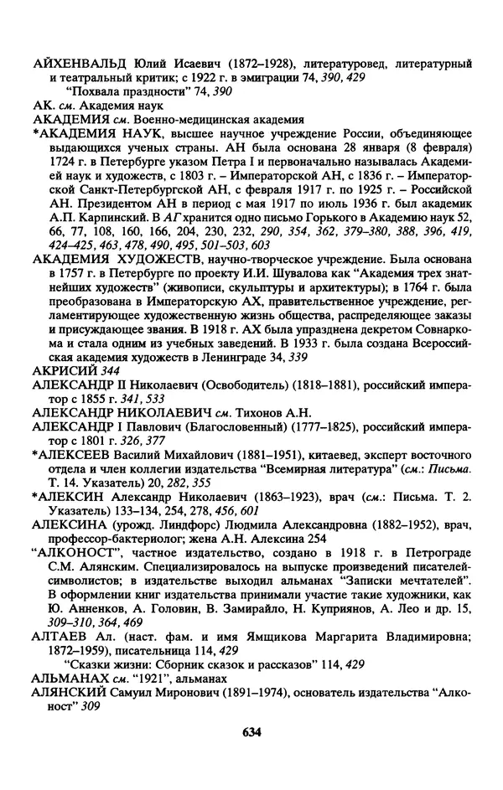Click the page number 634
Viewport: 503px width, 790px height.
[251, 731]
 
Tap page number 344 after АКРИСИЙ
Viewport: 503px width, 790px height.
[103, 347]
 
